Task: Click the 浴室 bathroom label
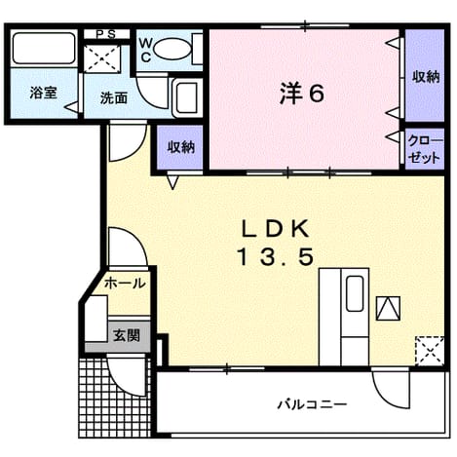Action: click(x=43, y=94)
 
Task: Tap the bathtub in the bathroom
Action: click(x=44, y=48)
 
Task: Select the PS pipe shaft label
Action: click(x=107, y=34)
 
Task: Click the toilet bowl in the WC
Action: click(x=171, y=49)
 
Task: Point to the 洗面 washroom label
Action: click(x=113, y=98)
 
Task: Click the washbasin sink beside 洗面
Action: click(x=186, y=97)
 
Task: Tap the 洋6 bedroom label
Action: click(x=302, y=95)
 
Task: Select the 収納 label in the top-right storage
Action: click(x=426, y=77)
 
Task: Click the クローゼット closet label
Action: click(x=425, y=150)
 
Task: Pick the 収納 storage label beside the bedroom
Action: click(x=180, y=147)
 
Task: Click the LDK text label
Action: click(x=275, y=229)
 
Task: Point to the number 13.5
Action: click(x=276, y=256)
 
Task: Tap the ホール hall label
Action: click(x=125, y=284)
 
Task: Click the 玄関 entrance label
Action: click(x=127, y=335)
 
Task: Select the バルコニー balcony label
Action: click(x=312, y=404)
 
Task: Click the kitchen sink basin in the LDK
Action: click(x=355, y=293)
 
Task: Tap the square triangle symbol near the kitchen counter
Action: click(x=388, y=308)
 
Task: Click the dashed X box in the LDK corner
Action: click(x=430, y=351)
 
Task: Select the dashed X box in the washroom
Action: click(x=102, y=58)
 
